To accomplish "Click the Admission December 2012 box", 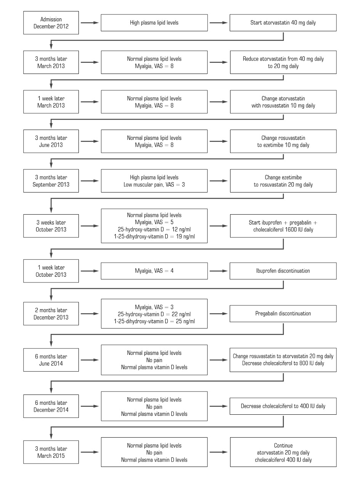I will click(x=51, y=23).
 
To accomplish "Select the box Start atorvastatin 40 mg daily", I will click(x=283, y=23).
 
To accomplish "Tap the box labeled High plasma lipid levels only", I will click(x=154, y=23).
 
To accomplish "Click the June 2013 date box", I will click(x=51, y=141).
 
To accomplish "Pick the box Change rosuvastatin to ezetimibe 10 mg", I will click(x=283, y=141).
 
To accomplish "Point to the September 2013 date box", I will click(x=51, y=181).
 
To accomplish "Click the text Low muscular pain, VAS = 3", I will click(x=154, y=184).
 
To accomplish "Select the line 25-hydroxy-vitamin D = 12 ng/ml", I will click(x=154, y=229).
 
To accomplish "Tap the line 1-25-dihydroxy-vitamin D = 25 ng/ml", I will click(x=154, y=321).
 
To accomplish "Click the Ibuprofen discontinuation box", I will click(x=283, y=271).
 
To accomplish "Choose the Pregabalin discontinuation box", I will click(x=283, y=314).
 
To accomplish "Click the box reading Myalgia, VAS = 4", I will click(x=154, y=271).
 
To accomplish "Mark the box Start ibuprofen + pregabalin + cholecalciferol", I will click(x=283, y=226).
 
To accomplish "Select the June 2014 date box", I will click(x=51, y=360).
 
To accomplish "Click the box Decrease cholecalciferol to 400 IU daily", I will click(x=283, y=406).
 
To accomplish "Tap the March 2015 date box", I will click(x=51, y=452).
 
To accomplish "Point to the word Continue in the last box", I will click(x=283, y=445).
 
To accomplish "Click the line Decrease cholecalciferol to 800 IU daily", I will click(x=283, y=363).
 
